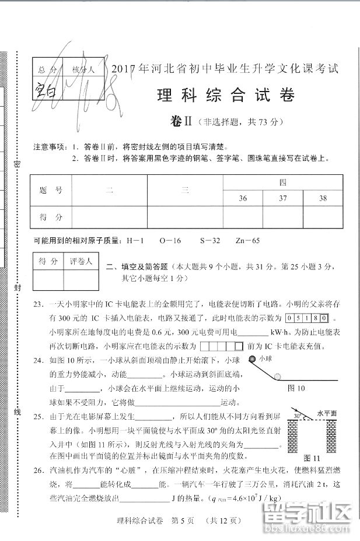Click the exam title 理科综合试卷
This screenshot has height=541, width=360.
tap(226, 95)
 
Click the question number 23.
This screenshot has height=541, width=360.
tap(39, 304)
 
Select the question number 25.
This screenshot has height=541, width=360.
tap(39, 417)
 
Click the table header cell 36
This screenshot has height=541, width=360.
tap(243, 199)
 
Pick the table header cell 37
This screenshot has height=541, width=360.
tap(283, 199)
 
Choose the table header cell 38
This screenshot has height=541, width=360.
tap(323, 199)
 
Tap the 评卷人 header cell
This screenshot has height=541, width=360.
tap(81, 262)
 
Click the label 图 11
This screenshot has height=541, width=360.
tap(312, 458)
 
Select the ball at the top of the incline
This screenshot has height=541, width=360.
tap(252, 359)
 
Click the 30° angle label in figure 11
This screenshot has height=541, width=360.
tap(298, 416)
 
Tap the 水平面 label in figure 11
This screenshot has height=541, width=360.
tap(327, 413)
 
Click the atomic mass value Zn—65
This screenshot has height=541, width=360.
tap(246, 240)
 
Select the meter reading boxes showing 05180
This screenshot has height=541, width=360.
tap(307, 318)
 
